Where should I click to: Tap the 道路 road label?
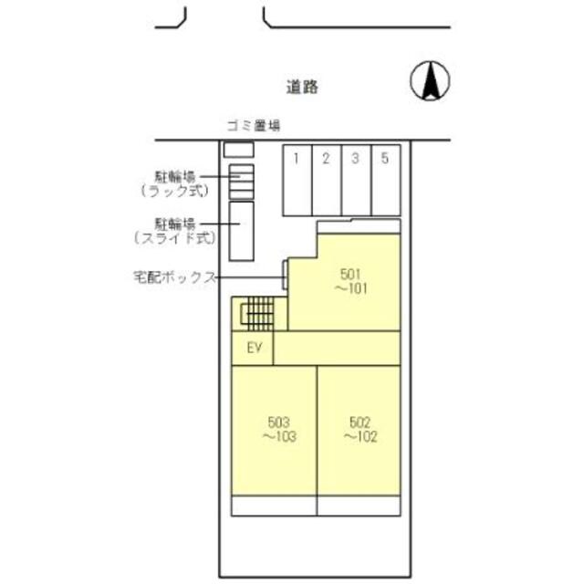(300, 88)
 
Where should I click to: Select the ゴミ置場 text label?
(253, 126)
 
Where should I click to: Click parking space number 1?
(297, 179)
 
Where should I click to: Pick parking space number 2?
(326, 179)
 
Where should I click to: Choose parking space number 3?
(355, 179)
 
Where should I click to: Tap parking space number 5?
(385, 179)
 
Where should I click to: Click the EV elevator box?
(254, 348)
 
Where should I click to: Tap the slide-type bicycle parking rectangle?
(241, 231)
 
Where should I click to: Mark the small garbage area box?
(239, 149)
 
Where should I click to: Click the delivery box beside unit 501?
(286, 273)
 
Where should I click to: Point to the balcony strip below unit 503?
(274, 506)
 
